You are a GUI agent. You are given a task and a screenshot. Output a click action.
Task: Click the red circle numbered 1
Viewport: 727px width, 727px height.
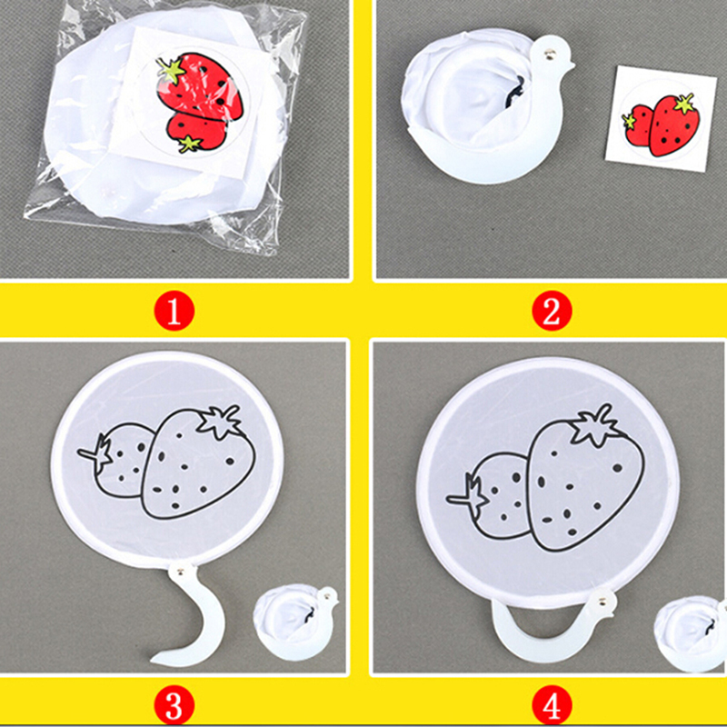(x=174, y=311)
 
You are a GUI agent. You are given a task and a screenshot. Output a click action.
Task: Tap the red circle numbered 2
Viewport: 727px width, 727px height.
(x=552, y=311)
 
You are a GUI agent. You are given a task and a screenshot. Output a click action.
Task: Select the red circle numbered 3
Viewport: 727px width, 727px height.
(x=174, y=707)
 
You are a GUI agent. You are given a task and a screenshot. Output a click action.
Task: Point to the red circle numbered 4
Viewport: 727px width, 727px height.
(x=552, y=707)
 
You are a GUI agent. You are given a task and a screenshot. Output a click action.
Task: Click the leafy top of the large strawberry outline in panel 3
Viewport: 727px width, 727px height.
(x=220, y=421)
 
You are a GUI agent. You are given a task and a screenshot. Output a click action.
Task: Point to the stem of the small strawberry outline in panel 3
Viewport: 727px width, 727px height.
(x=95, y=453)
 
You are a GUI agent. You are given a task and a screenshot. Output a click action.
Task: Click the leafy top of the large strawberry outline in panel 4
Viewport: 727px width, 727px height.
(x=594, y=425)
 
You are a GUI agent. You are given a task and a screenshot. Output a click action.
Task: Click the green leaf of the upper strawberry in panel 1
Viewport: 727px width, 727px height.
(x=170, y=70)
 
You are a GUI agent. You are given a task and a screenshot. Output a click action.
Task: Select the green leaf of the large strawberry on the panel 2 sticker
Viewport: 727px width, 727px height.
(x=684, y=103)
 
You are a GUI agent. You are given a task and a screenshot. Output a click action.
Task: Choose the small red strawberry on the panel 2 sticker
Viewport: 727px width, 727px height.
(x=638, y=125)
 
